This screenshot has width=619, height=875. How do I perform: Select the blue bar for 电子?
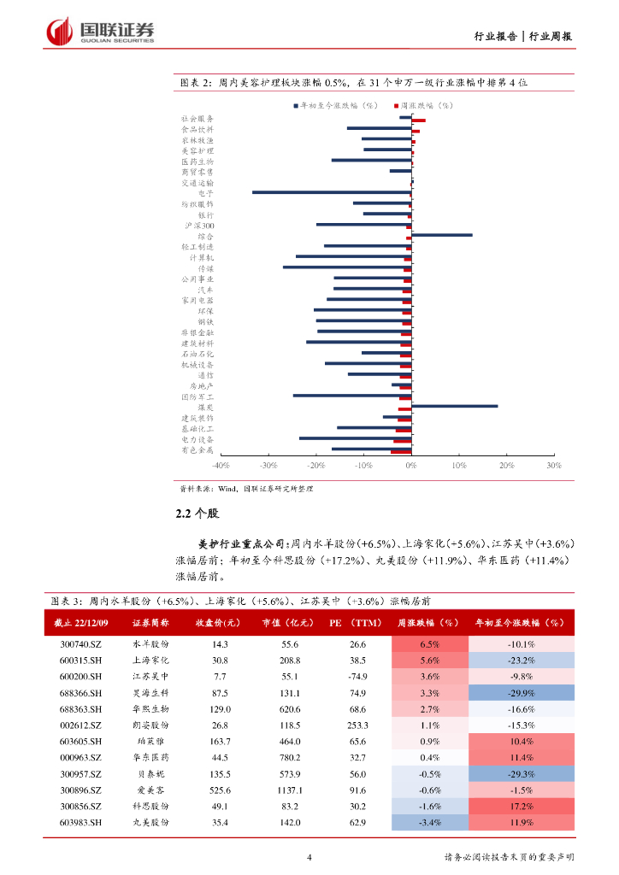pyautogui.click(x=332, y=192)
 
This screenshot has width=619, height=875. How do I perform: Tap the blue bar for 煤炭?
pyautogui.click(x=454, y=407)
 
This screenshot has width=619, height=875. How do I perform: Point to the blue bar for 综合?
pyautogui.click(x=441, y=235)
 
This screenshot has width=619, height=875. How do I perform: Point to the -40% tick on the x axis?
pyautogui.click(x=220, y=466)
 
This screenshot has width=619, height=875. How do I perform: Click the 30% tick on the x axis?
pyautogui.click(x=553, y=466)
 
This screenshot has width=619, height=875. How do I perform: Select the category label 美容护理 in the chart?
pyautogui.click(x=197, y=150)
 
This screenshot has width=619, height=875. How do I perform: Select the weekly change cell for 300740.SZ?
pyautogui.click(x=430, y=644)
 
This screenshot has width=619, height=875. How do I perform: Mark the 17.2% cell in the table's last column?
pyautogui.click(x=522, y=806)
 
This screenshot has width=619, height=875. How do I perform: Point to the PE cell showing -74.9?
pyautogui.click(x=357, y=677)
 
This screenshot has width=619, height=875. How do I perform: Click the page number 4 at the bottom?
pyautogui.click(x=309, y=857)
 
